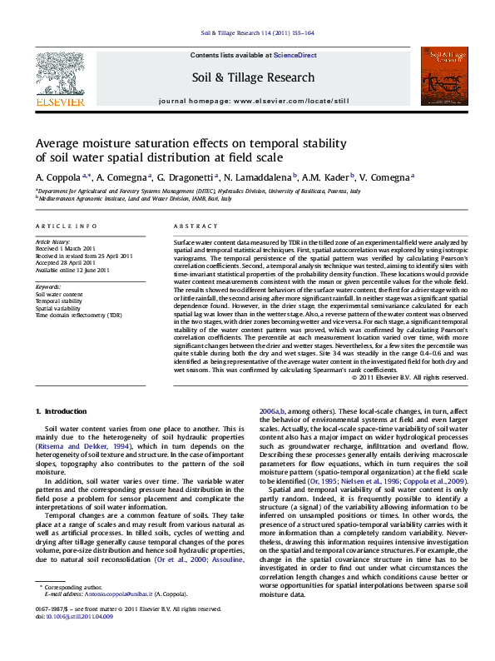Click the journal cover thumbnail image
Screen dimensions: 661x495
pyautogui.click(x=440, y=77)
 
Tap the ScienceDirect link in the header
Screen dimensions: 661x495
pyautogui.click(x=296, y=55)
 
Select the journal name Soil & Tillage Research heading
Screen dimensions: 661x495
pyautogui.click(x=254, y=77)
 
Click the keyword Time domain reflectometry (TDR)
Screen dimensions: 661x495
pyautogui.click(x=78, y=316)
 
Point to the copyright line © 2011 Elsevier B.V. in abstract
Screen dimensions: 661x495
pyautogui.click(x=409, y=377)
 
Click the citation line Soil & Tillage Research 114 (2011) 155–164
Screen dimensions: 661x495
pyautogui.click(x=257, y=33)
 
